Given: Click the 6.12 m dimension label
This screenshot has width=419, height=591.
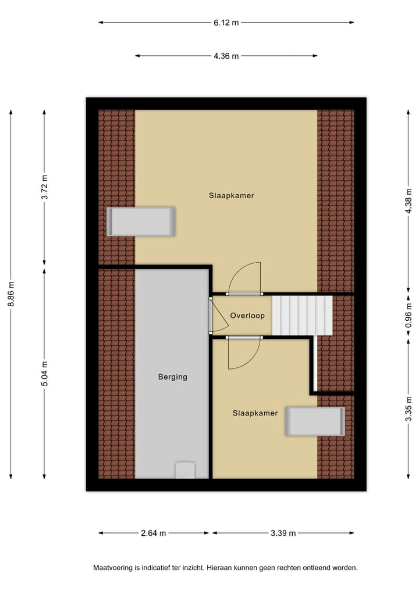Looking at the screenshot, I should click(226, 23).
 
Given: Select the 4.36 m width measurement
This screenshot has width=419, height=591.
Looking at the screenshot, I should click(226, 56).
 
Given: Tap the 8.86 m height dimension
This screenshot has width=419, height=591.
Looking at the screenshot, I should click(11, 295).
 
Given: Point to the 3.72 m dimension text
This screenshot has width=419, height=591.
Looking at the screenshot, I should click(45, 187).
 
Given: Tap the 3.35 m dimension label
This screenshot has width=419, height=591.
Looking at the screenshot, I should click(409, 409).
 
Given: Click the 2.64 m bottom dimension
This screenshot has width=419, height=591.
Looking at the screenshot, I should click(154, 533).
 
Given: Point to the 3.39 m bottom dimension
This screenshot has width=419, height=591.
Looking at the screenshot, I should click(284, 533).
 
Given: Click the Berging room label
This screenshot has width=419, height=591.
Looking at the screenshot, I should click(173, 377).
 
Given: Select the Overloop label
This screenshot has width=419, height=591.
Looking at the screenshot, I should click(247, 316).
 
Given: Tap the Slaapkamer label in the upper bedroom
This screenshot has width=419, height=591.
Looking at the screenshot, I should click(232, 196).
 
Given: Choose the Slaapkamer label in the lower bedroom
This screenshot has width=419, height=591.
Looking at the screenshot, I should click(255, 413).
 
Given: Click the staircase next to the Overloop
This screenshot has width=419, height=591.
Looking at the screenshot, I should click(302, 316).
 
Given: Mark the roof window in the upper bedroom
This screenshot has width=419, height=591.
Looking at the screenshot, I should click(141, 221).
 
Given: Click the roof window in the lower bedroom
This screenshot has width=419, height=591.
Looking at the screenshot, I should click(315, 421).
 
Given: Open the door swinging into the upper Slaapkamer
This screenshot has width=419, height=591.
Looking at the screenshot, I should click(245, 279).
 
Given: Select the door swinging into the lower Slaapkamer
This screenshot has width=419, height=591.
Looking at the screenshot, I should click(243, 352).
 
